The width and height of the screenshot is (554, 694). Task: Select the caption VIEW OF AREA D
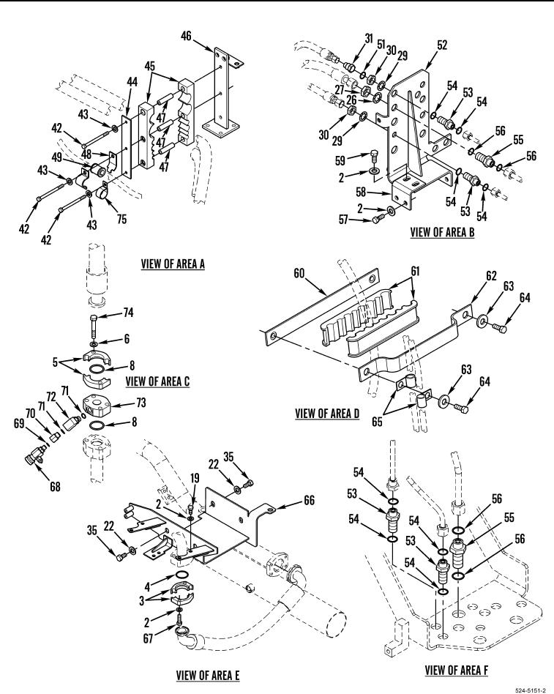point(327,414)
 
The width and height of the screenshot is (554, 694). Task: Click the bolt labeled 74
point(94,324)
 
